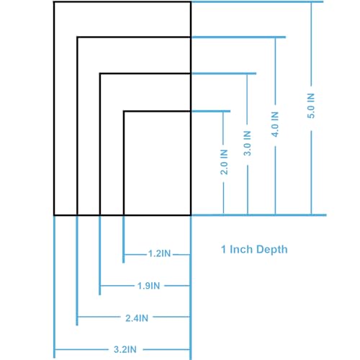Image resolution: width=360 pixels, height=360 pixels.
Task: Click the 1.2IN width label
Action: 160,253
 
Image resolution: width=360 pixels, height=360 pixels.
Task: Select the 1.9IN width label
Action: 148,286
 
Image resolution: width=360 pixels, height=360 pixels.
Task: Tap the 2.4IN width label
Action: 137,318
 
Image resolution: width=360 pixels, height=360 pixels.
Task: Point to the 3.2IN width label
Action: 125,349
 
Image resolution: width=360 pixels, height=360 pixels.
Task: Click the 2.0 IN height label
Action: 224,162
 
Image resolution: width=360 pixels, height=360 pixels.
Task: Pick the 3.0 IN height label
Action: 248,143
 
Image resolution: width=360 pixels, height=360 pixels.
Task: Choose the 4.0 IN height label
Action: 275,125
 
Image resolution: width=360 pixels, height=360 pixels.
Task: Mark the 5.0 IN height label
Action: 311,106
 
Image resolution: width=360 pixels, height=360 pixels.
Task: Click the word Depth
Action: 271,250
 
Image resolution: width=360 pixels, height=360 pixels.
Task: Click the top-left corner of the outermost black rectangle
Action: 54,2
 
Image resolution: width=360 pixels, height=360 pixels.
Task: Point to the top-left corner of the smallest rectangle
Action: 124,111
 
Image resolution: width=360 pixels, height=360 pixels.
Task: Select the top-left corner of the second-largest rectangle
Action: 77,37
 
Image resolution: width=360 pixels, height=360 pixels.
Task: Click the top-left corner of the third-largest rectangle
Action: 100,73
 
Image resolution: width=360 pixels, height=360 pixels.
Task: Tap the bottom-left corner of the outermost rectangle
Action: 54,215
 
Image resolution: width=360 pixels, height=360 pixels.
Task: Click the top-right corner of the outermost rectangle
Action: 191,2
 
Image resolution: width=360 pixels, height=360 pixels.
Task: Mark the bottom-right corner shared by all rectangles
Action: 191,215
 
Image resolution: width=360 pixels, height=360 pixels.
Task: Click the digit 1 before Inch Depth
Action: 224,249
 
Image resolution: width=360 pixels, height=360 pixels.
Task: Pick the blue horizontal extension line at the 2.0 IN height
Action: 211,111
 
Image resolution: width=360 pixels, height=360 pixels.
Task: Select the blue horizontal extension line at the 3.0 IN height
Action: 224,73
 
